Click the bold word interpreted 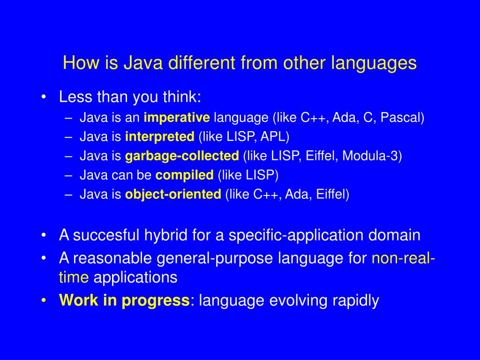(x=159, y=136)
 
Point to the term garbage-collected (x=182, y=156)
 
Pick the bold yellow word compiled (x=184, y=175)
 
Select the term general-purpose (x=216, y=258)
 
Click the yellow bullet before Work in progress (x=44, y=300)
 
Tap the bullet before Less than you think (x=44, y=97)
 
